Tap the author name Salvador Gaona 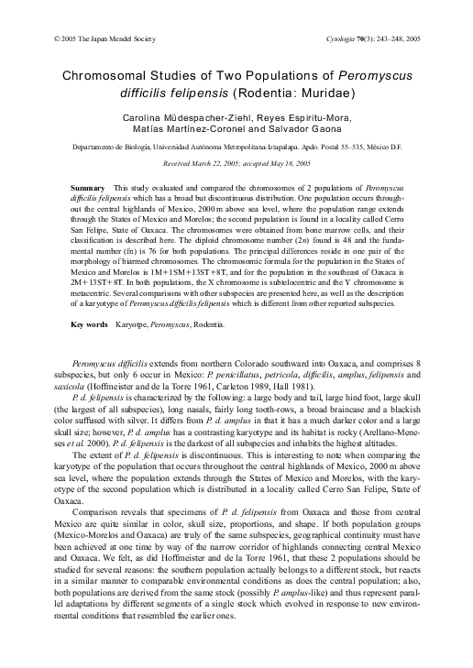pos(293,130)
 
